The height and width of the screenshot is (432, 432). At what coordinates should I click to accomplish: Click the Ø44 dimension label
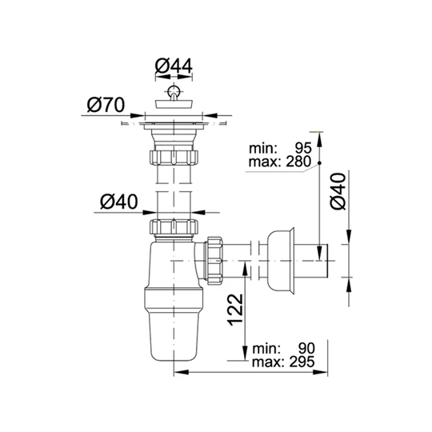click(x=174, y=66)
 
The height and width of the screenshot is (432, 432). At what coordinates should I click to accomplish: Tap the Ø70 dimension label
click(x=106, y=105)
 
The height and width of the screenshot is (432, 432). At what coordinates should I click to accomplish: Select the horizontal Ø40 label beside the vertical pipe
click(x=119, y=202)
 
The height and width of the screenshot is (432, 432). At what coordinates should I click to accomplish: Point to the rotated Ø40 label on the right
click(x=338, y=191)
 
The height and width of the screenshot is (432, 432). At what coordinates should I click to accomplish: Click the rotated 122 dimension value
click(x=235, y=310)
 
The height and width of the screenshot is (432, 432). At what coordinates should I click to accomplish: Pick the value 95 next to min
click(x=303, y=148)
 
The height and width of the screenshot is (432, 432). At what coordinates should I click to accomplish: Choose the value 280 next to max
click(x=298, y=162)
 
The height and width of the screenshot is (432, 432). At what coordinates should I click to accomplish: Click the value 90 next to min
click(x=306, y=349)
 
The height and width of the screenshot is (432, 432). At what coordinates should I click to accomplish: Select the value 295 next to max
click(x=302, y=362)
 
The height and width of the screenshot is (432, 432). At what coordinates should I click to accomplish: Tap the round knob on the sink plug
click(x=174, y=90)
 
